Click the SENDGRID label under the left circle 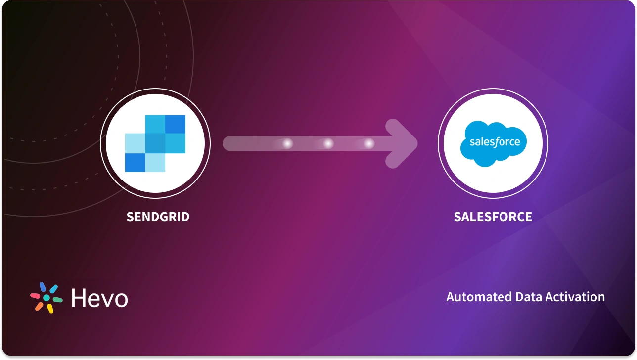(x=158, y=217)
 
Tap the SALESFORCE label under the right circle (x=493, y=217)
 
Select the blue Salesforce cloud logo (x=493, y=142)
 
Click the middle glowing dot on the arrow (x=328, y=144)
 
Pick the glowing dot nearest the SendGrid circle (x=287, y=144)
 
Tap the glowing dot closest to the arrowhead (x=369, y=144)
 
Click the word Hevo (x=99, y=298)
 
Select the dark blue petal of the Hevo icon (x=43, y=287)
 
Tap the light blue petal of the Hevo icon (x=54, y=288)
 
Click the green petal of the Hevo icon (x=58, y=300)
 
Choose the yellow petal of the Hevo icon (x=50, y=309)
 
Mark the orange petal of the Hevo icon (x=39, y=307)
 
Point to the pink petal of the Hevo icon (x=35, y=296)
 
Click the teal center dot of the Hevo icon (x=46, y=298)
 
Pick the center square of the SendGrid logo (x=155, y=143)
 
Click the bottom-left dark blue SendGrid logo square (x=135, y=163)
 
